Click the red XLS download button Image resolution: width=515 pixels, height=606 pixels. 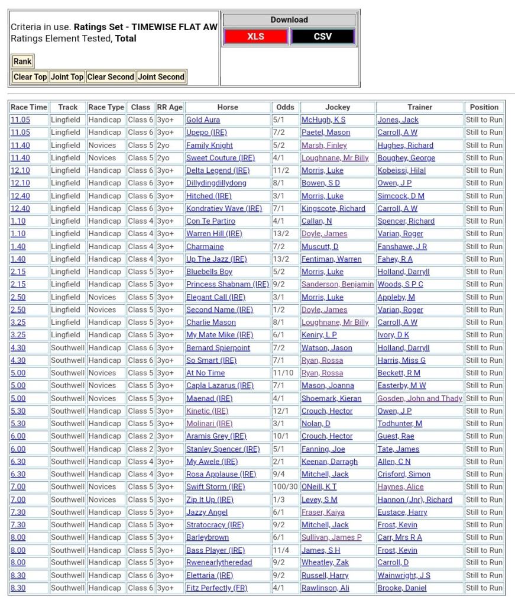click(x=255, y=37)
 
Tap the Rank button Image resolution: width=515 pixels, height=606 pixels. click(x=22, y=62)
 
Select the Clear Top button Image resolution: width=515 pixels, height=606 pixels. click(x=30, y=77)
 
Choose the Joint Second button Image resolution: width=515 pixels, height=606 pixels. click(x=161, y=77)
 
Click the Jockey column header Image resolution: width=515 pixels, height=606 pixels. click(x=338, y=107)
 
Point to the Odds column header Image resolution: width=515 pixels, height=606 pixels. click(x=285, y=107)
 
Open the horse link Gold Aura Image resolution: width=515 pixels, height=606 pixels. click(x=203, y=120)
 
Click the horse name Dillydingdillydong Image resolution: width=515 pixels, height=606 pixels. click(x=216, y=183)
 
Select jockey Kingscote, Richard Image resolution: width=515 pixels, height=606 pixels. click(x=333, y=208)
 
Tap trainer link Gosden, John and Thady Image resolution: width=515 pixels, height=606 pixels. click(x=420, y=398)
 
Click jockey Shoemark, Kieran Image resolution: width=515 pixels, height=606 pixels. click(x=331, y=398)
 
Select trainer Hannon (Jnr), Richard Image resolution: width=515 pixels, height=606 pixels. click(x=414, y=499)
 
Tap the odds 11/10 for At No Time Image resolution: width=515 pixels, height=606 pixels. click(x=282, y=373)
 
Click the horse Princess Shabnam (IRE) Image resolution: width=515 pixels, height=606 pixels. click(x=227, y=285)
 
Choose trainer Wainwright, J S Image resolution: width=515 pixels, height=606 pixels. click(x=404, y=575)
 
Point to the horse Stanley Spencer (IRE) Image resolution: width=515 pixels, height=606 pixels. click(x=223, y=449)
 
